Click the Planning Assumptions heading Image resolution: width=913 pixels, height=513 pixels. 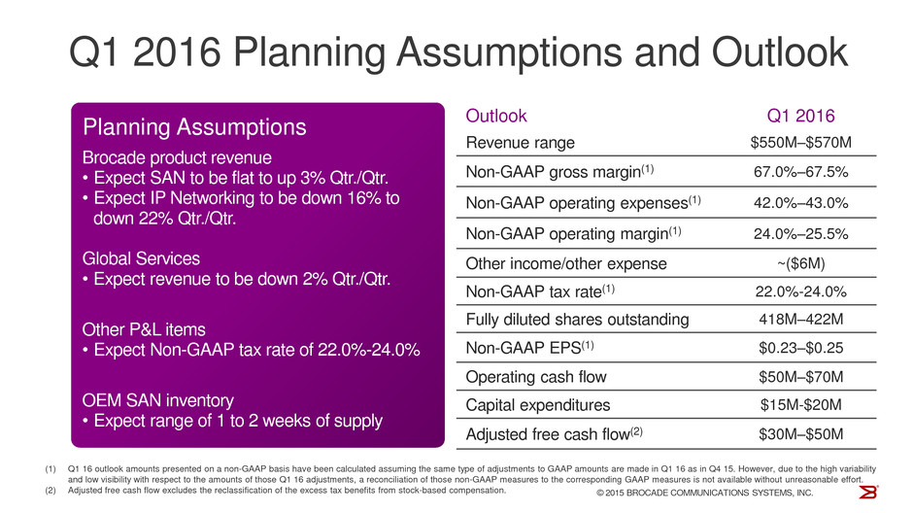[x=195, y=127]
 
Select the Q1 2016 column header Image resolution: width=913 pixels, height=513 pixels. [x=801, y=116]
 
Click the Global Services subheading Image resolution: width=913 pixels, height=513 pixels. [x=141, y=259]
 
